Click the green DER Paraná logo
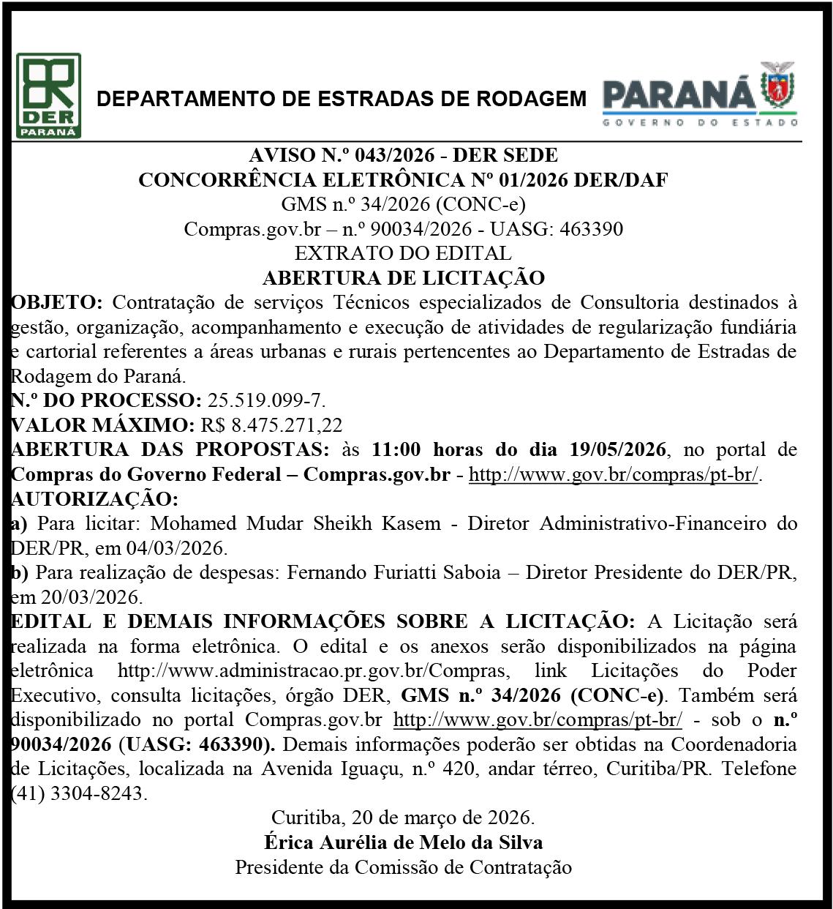[48, 96]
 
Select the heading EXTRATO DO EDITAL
[402, 254]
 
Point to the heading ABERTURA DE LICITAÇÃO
[403, 278]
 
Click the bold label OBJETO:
[59, 302]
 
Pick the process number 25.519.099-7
[267, 400]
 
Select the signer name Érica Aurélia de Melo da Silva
[403, 842]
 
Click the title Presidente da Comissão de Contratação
[403, 867]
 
